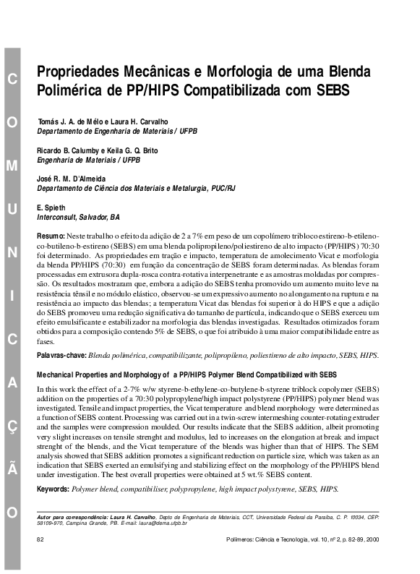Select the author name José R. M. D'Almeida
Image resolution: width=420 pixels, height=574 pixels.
pyautogui.click(x=71, y=178)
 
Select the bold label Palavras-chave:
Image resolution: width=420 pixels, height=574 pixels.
pyautogui.click(x=62, y=356)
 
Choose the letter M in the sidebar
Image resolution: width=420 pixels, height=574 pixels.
pyautogui.click(x=12, y=166)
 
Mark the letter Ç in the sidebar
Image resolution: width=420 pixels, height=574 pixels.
pyautogui.click(x=12, y=427)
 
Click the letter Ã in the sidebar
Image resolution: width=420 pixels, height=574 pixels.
pyautogui.click(x=12, y=470)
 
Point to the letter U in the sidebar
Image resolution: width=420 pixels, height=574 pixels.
pyautogui.click(x=12, y=209)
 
